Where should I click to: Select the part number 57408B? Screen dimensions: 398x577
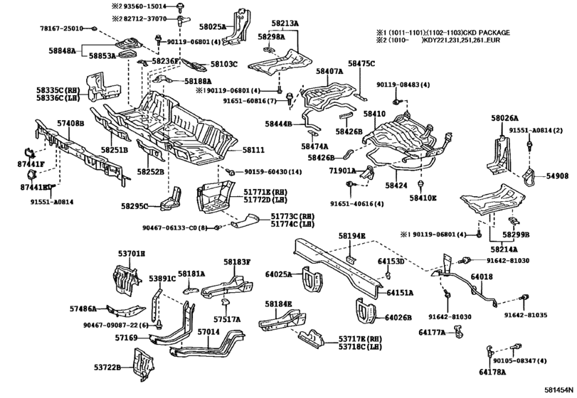click(x=70, y=122)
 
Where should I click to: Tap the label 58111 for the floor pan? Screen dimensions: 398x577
click(x=253, y=150)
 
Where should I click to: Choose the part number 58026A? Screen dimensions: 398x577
click(x=504, y=118)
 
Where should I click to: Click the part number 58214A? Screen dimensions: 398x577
click(x=504, y=249)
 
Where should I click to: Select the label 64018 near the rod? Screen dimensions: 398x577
click(x=481, y=276)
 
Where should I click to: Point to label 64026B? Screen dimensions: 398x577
click(x=401, y=316)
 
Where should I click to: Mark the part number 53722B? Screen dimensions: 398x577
click(x=108, y=367)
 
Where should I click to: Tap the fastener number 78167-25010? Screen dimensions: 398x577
click(x=61, y=28)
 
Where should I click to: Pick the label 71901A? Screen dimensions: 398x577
click(x=342, y=171)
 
